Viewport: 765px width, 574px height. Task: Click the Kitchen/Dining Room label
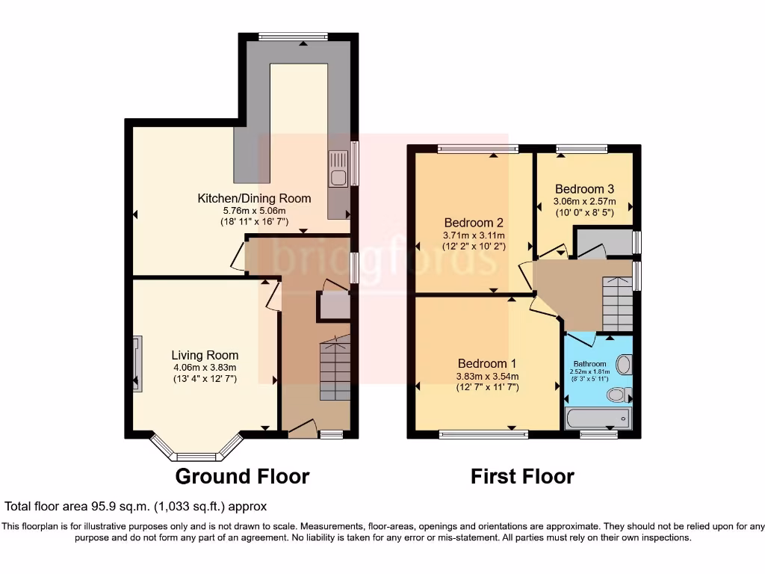[x=254, y=198]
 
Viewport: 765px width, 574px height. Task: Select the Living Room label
[x=205, y=355]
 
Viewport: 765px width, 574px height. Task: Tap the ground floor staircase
[x=335, y=371]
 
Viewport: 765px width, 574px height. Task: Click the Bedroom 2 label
[x=474, y=223]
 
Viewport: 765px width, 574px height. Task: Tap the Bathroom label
[x=589, y=364]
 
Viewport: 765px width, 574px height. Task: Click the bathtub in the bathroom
[x=598, y=417]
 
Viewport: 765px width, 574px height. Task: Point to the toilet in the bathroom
[x=617, y=395]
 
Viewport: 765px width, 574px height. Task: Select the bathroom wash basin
[x=625, y=364]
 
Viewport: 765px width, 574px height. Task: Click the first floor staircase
[x=617, y=303]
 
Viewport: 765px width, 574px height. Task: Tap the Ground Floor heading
[x=242, y=476]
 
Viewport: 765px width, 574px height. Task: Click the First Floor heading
[x=522, y=476]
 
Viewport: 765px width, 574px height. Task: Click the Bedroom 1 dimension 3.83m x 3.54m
[x=488, y=376]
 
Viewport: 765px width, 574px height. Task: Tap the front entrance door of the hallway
[x=302, y=427]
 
